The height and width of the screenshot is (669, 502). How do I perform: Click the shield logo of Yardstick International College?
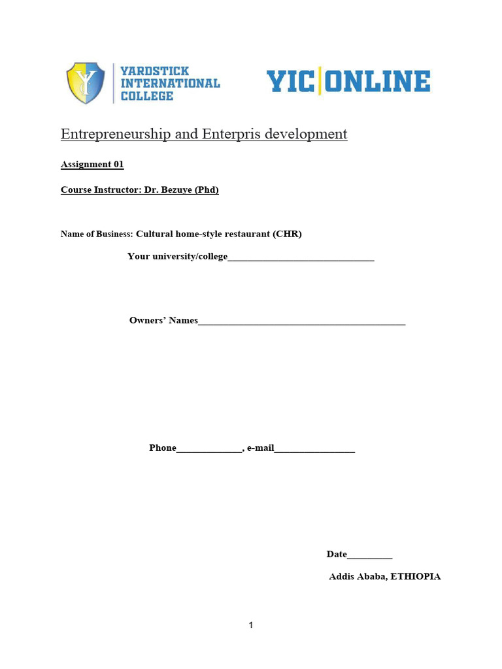pyautogui.click(x=86, y=83)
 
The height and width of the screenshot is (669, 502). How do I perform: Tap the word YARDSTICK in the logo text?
pyautogui.click(x=155, y=71)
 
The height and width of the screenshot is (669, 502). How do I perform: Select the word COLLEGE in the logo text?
pyautogui.click(x=147, y=96)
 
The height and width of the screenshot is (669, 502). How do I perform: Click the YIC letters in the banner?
pyautogui.click(x=290, y=82)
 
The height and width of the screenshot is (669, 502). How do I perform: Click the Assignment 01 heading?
pyautogui.click(x=92, y=165)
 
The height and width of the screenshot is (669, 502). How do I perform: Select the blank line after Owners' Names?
pyautogui.click(x=301, y=322)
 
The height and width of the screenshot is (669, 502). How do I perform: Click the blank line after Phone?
pyautogui.click(x=209, y=449)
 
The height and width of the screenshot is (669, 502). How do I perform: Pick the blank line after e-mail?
pyautogui.click(x=314, y=449)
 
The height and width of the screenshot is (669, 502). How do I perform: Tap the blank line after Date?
pyautogui.click(x=370, y=556)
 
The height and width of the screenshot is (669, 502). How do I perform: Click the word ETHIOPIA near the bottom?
pyautogui.click(x=416, y=577)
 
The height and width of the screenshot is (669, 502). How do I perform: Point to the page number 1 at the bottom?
pyautogui.click(x=251, y=626)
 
